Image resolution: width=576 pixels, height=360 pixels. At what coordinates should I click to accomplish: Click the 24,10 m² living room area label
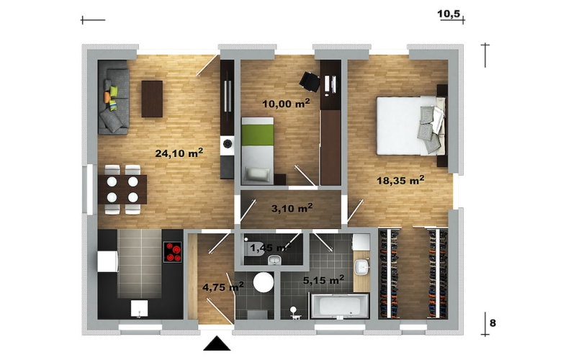pyautogui.click(x=179, y=153)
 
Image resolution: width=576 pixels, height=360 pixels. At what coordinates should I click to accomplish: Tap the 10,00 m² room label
pyautogui.click(x=286, y=104)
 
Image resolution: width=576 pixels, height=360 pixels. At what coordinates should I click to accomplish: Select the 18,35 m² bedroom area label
pyautogui.click(x=400, y=181)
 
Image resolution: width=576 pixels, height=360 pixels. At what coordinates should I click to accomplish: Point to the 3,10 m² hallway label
pyautogui.click(x=292, y=208)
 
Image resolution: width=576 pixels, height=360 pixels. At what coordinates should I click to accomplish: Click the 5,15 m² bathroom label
pyautogui.click(x=323, y=280)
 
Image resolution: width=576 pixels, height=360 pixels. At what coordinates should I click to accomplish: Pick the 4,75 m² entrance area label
pyautogui.click(x=223, y=287)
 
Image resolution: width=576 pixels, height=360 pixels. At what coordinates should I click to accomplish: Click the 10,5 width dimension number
pyautogui.click(x=449, y=14)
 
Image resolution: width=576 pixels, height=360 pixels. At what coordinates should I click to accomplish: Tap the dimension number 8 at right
pyautogui.click(x=492, y=323)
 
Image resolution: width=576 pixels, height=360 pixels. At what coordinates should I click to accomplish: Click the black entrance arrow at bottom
pyautogui.click(x=217, y=343)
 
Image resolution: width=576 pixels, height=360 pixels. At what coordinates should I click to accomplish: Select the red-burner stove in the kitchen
pyautogui.click(x=173, y=251)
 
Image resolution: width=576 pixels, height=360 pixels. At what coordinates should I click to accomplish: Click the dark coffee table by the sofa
pyautogui.click(x=152, y=99)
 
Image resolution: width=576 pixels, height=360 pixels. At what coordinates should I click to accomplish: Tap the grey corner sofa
pyautogui.click(x=114, y=97)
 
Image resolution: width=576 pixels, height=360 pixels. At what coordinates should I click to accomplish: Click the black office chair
pyautogui.click(x=310, y=81)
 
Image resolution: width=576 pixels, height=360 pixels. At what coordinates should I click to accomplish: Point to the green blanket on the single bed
pyautogui.click(x=258, y=135)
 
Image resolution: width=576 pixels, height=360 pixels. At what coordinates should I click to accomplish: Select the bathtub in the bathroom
pyautogui.click(x=339, y=305)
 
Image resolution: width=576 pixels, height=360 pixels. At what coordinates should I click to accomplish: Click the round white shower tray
pyautogui.click(x=264, y=282)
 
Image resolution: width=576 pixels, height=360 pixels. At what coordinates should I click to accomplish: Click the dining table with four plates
pyautogui.click(x=122, y=189)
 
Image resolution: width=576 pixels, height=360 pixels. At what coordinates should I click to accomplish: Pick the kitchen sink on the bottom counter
pyautogui.click(x=139, y=308)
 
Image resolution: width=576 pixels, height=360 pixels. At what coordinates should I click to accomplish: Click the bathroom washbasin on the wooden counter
pyautogui.click(x=362, y=266)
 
